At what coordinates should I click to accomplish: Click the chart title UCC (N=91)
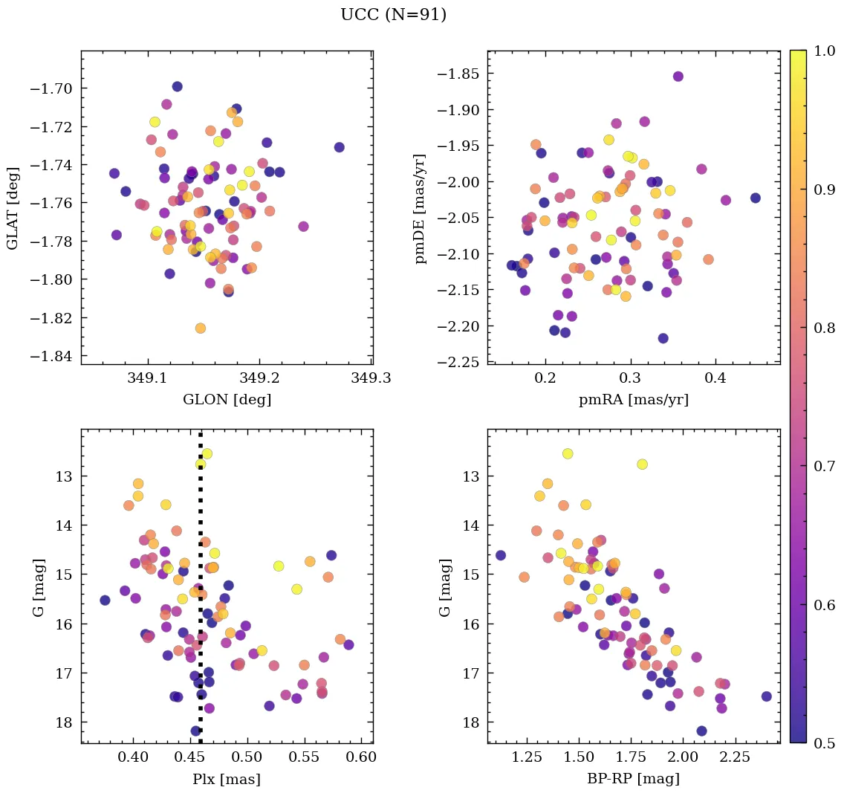(x=393, y=15)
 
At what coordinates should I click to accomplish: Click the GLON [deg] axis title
(x=227, y=400)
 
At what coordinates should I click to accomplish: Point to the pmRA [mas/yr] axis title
(x=633, y=400)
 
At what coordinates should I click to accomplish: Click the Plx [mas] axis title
(x=227, y=779)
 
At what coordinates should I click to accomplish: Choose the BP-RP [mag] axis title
(x=633, y=779)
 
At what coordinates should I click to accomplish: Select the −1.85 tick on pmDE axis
(x=458, y=74)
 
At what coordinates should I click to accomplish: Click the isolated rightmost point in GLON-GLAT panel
(x=339, y=147)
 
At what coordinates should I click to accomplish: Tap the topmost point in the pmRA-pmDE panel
(x=678, y=77)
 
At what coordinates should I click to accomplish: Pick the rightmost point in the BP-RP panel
(x=766, y=696)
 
